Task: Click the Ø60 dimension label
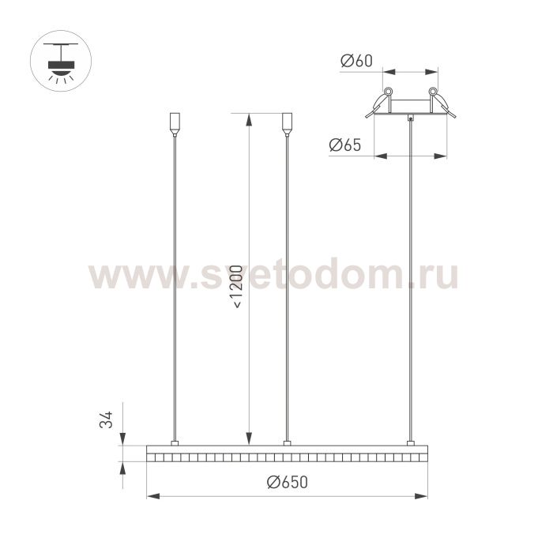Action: pyautogui.click(x=356, y=61)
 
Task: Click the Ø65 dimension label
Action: pyautogui.click(x=345, y=145)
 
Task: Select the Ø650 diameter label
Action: pyautogui.click(x=287, y=482)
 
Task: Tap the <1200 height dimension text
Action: pyautogui.click(x=238, y=287)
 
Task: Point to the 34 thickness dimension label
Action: pyautogui.click(x=106, y=419)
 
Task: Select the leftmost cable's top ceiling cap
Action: pyautogui.click(x=175, y=124)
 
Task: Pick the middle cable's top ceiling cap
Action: pyautogui.click(x=287, y=124)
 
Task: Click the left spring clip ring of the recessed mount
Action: pyautogui.click(x=388, y=91)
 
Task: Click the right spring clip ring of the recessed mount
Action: pyautogui.click(x=433, y=91)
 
